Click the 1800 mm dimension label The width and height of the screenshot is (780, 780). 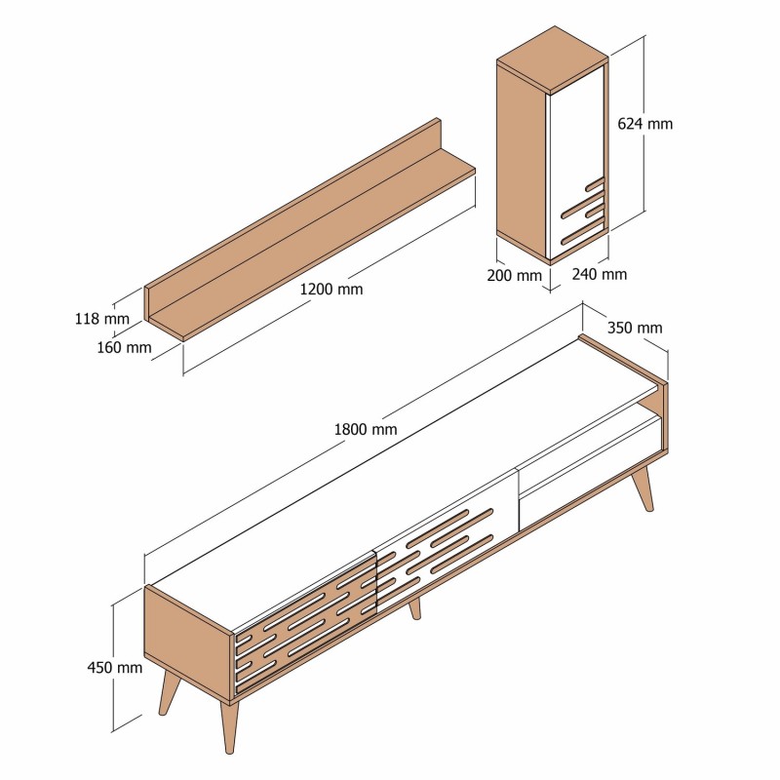(x=365, y=429)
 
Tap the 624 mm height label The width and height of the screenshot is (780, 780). (x=645, y=124)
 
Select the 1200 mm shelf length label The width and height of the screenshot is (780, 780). (x=331, y=290)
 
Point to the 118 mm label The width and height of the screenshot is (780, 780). (x=101, y=318)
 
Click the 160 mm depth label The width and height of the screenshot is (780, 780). (x=125, y=346)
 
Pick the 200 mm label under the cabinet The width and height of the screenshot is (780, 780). (x=514, y=275)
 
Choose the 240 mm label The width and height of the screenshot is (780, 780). (x=600, y=274)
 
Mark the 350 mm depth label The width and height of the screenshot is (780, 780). (x=635, y=328)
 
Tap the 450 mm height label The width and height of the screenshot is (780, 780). (x=115, y=668)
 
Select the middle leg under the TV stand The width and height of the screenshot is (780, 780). (x=414, y=608)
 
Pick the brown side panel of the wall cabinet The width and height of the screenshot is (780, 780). (x=521, y=156)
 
